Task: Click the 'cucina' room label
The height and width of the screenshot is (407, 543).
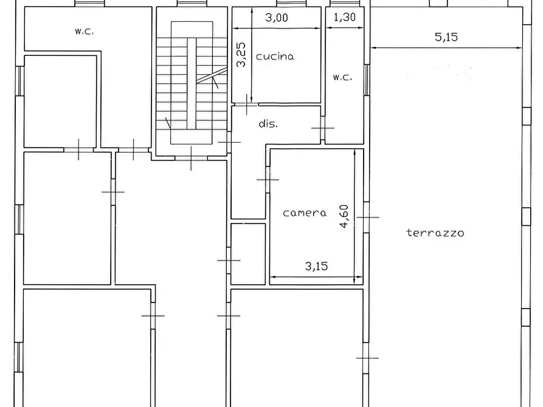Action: click(275, 56)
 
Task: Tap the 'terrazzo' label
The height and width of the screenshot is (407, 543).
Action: click(435, 233)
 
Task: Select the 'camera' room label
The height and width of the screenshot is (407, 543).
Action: click(305, 213)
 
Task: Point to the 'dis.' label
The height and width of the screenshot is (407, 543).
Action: click(268, 123)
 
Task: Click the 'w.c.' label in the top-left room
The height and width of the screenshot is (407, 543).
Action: click(84, 31)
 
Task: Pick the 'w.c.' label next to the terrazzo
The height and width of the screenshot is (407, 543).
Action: click(342, 77)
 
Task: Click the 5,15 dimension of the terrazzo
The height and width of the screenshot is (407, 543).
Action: click(446, 36)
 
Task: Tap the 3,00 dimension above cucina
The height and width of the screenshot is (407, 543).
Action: click(276, 17)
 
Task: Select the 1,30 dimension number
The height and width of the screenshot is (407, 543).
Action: click(344, 17)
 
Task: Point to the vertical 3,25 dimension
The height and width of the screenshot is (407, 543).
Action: click(241, 54)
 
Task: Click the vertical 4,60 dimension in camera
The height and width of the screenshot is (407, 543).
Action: click(344, 216)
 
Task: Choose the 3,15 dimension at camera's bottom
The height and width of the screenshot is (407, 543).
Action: click(316, 266)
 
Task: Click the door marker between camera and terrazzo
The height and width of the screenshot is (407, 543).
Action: click(367, 217)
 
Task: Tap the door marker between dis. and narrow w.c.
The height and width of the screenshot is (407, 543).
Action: click(323, 128)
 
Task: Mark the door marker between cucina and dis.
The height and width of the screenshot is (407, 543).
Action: click(246, 104)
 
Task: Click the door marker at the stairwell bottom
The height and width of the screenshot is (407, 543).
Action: click(191, 158)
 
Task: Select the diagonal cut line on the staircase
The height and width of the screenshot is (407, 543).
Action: click(212, 75)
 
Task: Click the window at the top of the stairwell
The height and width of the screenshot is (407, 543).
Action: click(192, 3)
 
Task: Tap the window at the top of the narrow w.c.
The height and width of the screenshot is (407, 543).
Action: click(345, 3)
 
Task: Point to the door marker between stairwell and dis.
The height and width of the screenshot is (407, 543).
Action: click(229, 142)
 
